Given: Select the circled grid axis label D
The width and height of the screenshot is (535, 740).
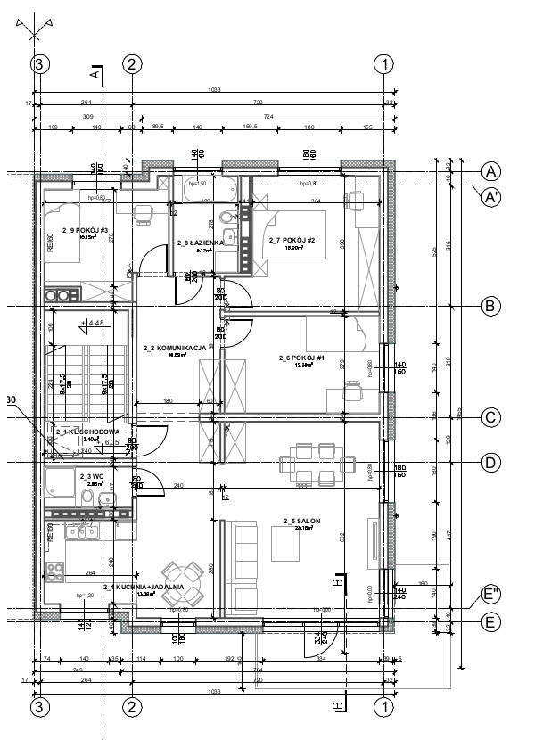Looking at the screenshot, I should coord(490,462).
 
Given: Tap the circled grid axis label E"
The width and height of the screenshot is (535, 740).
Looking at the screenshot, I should coord(490,595).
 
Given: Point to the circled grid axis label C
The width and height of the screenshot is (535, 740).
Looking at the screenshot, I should coord(490,416).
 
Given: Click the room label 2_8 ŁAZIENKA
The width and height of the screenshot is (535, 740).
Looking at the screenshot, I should coord(194,243).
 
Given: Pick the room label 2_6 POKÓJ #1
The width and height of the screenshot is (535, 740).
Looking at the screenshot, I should coord(300,358).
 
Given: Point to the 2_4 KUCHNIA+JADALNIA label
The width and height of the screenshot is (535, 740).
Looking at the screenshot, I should coord(143,588).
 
